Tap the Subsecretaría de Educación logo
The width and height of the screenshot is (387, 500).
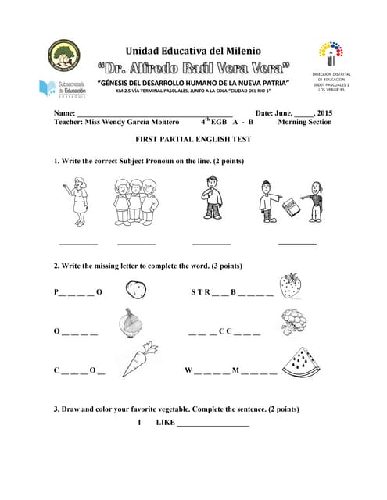click(x=63, y=87)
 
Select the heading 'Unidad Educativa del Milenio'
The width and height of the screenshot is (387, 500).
click(x=193, y=49)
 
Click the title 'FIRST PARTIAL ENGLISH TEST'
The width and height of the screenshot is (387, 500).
click(x=193, y=137)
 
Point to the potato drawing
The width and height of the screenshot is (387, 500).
click(x=134, y=291)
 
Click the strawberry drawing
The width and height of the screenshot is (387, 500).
click(x=290, y=285)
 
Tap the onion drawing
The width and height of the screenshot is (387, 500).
click(x=130, y=322)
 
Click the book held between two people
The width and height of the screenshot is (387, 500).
click(x=291, y=207)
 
